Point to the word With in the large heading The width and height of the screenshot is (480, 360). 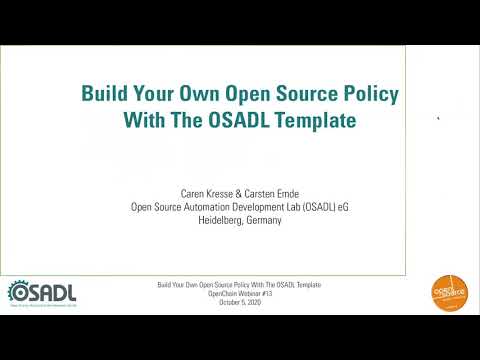click(145, 120)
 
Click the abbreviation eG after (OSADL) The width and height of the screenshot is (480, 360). click(343, 208)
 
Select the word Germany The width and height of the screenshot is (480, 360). click(263, 220)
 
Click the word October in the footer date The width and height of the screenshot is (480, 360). click(224, 302)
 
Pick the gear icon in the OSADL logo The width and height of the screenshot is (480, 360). click(18, 291)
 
